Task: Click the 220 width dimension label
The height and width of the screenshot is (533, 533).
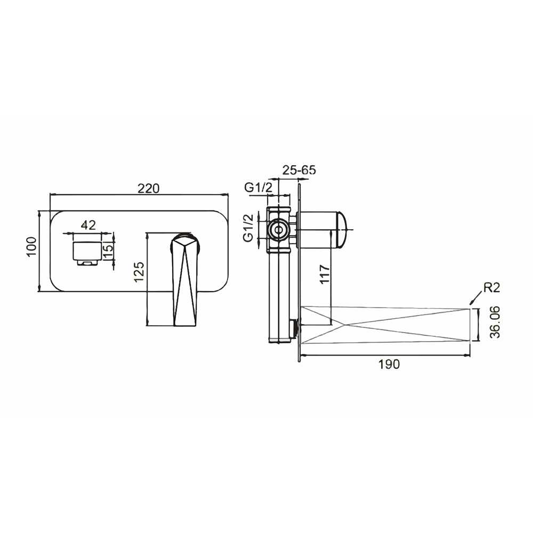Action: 149,188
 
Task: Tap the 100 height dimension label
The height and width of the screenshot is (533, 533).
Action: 31,247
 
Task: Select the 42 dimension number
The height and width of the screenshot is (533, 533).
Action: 88,225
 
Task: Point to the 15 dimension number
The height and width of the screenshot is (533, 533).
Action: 108,253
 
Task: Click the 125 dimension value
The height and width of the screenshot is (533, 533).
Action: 139,272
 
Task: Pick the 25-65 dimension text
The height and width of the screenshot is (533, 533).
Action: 299,169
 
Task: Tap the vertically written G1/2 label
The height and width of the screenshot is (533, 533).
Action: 249,228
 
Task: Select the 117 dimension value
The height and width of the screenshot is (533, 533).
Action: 325,274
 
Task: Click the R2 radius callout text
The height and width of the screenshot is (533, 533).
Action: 492,288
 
